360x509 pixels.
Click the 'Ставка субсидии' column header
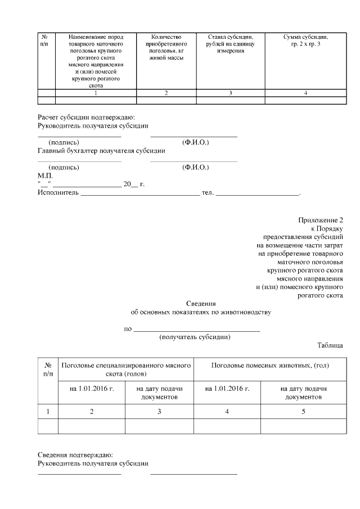(x=231, y=44)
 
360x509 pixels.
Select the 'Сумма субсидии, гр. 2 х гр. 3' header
(x=305, y=40)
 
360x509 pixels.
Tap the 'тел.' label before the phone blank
(x=208, y=193)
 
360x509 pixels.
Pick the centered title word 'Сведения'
(x=201, y=304)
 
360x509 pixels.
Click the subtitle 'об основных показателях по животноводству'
(x=201, y=312)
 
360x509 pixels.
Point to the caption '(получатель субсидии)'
(x=195, y=337)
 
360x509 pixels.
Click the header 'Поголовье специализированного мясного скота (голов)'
(x=125, y=370)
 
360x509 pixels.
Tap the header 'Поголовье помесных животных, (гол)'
(x=269, y=366)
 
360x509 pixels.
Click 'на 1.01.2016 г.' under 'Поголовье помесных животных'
(x=227, y=389)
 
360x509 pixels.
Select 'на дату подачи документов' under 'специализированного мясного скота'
(x=159, y=393)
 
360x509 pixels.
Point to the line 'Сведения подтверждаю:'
(x=75, y=454)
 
